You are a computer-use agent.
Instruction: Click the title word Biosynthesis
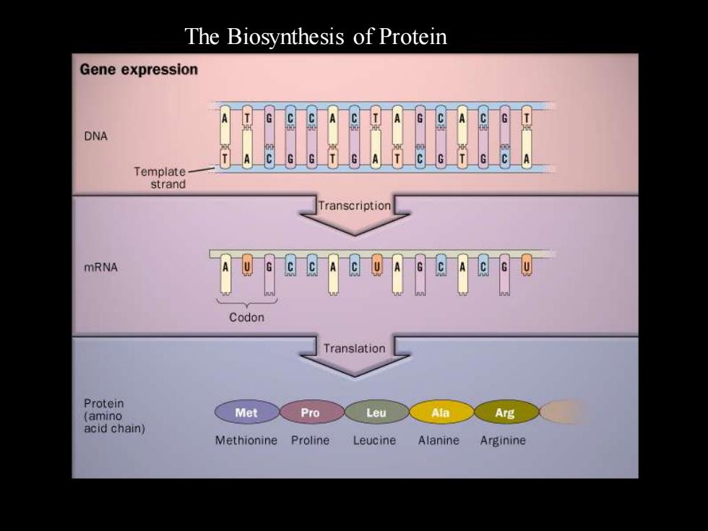(x=285, y=37)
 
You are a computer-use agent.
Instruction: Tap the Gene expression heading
(x=139, y=69)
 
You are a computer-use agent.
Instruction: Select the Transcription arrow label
(x=355, y=206)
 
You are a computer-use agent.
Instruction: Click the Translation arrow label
(x=355, y=348)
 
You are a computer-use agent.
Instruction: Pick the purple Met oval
(x=246, y=412)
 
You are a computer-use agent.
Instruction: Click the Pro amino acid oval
(x=311, y=412)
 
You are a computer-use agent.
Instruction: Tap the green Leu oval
(x=376, y=412)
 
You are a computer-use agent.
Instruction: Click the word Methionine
(x=246, y=440)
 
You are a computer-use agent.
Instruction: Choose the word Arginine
(x=503, y=441)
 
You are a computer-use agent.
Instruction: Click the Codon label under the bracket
(x=246, y=317)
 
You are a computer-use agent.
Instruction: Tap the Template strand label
(x=160, y=178)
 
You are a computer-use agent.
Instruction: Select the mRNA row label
(x=100, y=267)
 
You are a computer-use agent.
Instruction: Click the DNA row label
(x=95, y=136)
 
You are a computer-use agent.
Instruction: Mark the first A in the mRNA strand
(x=225, y=274)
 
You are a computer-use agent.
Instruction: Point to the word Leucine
(x=374, y=440)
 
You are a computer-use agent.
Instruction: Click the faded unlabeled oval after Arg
(x=564, y=412)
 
